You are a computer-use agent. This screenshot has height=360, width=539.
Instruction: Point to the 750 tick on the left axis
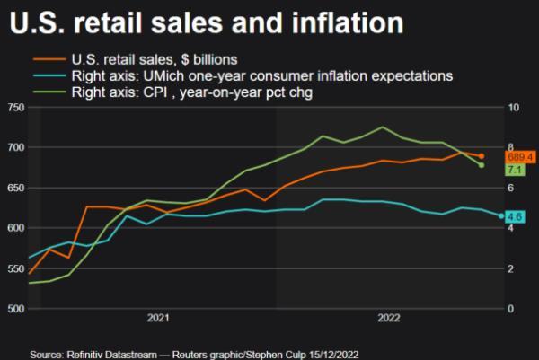[x=13, y=108]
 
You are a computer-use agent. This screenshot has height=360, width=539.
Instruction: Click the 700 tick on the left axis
[x=13, y=148]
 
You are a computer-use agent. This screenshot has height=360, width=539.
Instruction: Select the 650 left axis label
[x=13, y=189]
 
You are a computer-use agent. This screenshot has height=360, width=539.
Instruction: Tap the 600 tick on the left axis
[x=13, y=229]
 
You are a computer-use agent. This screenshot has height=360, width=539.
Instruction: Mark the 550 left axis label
[x=13, y=269]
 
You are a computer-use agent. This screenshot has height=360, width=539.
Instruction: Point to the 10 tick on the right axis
[x=513, y=108]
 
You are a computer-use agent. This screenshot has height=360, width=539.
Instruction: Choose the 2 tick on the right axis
[x=510, y=269]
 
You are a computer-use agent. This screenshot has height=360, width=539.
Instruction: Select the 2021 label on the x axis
[x=158, y=319]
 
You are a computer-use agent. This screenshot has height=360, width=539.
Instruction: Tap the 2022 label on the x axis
[x=388, y=319]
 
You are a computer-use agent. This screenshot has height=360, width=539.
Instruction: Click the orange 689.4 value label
[x=521, y=157]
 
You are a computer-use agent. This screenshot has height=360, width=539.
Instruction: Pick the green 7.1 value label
[x=515, y=170]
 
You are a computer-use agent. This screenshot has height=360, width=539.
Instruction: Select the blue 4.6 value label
[x=515, y=216]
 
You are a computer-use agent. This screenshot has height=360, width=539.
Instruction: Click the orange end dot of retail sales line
[x=482, y=156]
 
